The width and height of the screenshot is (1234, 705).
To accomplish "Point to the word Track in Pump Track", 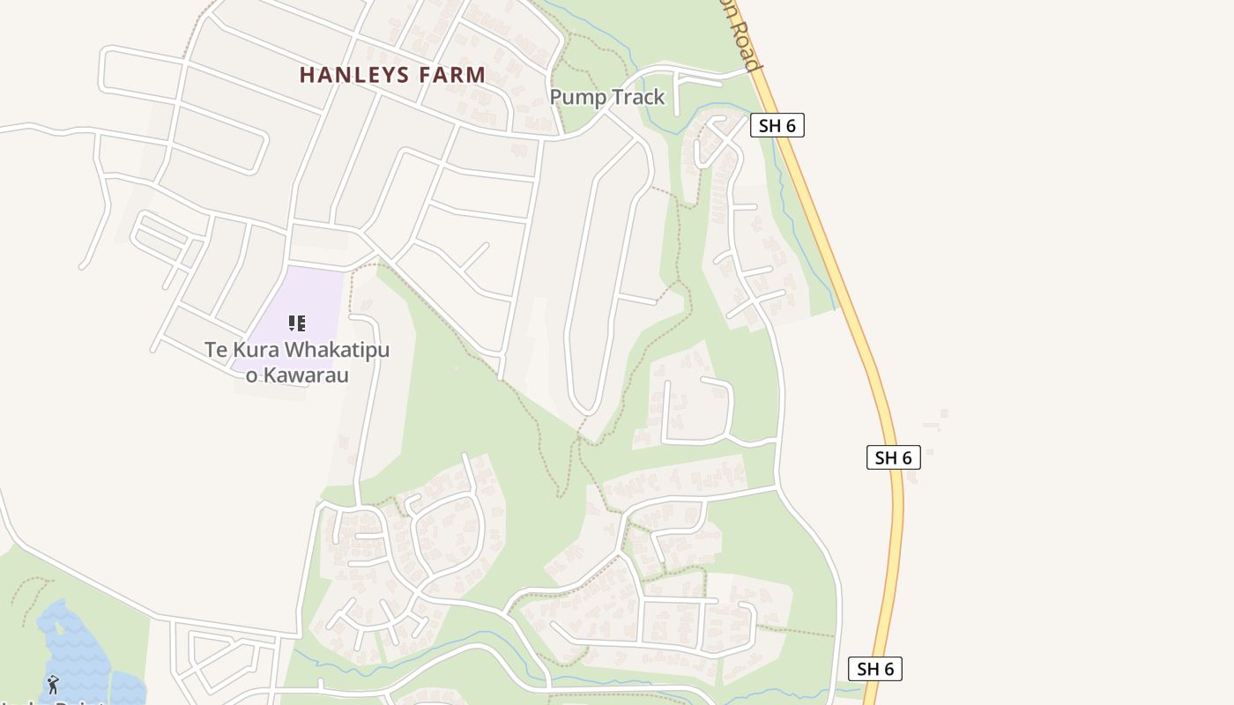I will click(x=636, y=97).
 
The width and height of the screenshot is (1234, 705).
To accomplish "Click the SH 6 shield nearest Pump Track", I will click(x=777, y=125).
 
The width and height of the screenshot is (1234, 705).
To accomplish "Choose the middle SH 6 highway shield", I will click(x=893, y=457).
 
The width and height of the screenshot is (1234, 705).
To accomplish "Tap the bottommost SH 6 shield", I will click(x=874, y=669).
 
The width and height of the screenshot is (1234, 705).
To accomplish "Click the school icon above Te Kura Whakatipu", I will click(x=297, y=323).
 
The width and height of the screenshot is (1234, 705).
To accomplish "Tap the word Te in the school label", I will click(x=216, y=351).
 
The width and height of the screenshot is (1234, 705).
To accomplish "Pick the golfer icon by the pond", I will click(x=53, y=684).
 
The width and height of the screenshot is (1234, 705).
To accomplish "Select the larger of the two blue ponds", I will click(x=75, y=648).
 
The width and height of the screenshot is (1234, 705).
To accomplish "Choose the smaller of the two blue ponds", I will click(x=128, y=687).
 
